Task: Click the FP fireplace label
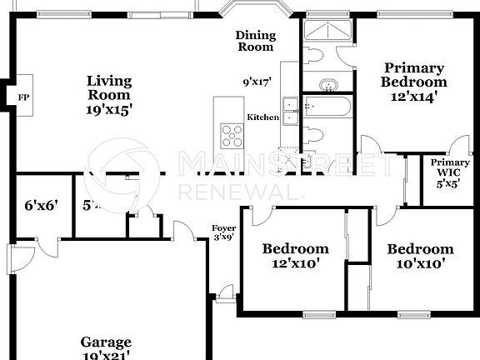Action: pos(23,97)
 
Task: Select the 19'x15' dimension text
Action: pos(109,108)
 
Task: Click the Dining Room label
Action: pos(254,41)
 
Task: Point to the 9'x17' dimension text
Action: pos(258,82)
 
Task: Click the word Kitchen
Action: pos(263,117)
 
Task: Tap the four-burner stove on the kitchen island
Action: pos(232,133)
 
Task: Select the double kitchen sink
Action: pos(290,110)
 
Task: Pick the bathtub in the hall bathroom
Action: pos(327,107)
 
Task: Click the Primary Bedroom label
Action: pos(413,75)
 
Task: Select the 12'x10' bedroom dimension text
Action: pos(296,264)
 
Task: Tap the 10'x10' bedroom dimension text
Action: pos(420,264)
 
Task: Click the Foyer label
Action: pos(222,232)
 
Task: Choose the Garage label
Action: pos(106,342)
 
